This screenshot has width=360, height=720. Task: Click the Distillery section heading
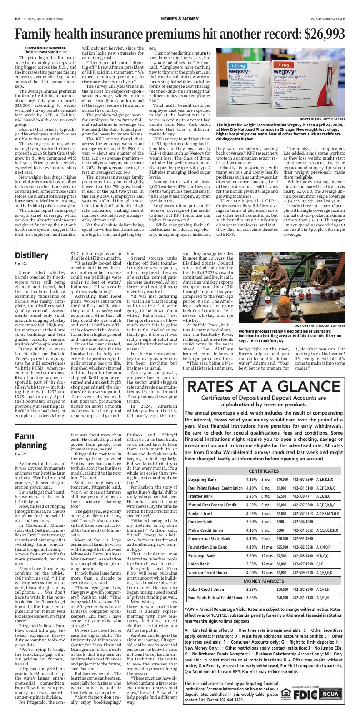pos(31,255)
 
